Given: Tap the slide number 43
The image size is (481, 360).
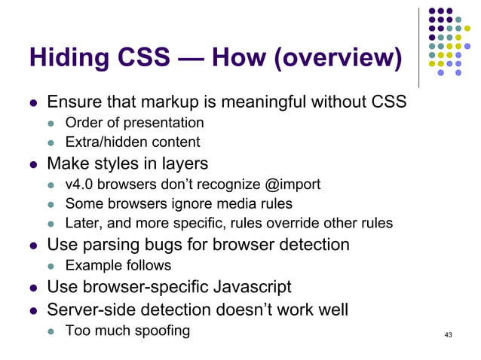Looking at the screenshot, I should click(449, 335).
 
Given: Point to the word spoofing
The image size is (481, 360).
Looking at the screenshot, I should click(161, 330).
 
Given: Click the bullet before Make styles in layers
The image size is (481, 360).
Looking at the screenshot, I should click(33, 163).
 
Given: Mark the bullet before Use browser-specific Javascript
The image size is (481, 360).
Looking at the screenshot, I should click(33, 288).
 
